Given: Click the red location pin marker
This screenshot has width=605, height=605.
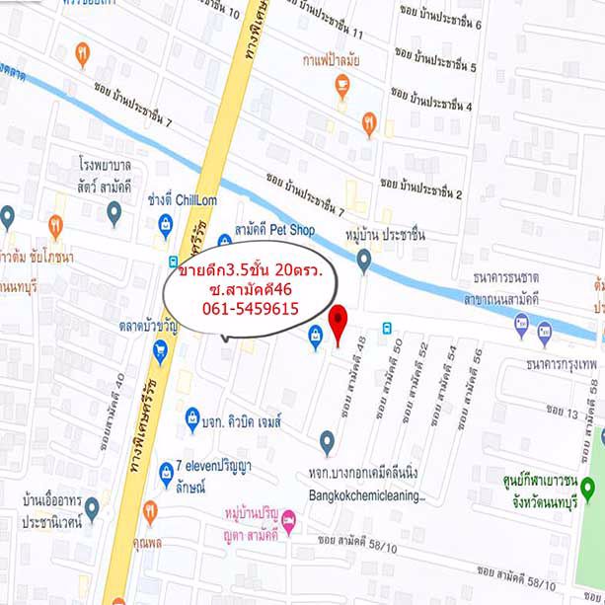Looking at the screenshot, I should [339, 324].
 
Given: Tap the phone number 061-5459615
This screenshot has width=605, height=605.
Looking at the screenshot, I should [250, 308].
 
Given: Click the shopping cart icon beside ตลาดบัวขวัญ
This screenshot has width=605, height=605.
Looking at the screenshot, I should [160, 349].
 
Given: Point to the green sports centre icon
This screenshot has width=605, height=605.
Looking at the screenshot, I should [588, 487].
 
